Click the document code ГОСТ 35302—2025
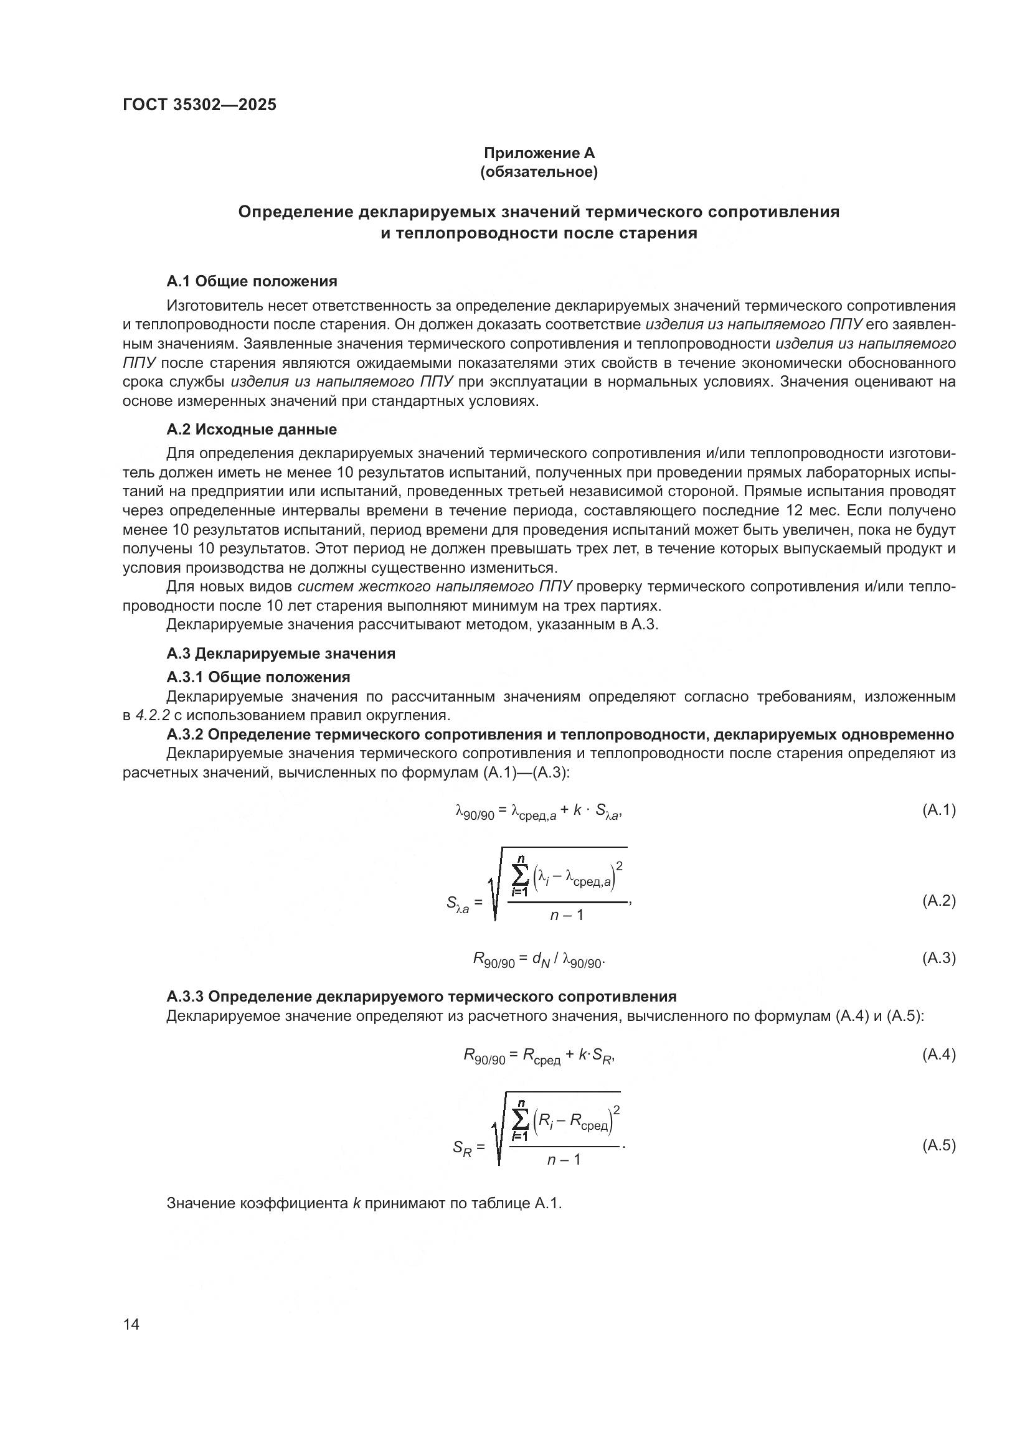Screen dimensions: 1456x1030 point(200,105)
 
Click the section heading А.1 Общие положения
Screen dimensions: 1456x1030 point(252,281)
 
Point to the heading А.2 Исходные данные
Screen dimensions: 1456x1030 point(252,430)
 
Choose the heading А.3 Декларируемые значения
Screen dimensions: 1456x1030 point(281,653)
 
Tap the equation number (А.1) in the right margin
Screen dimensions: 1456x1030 point(938,810)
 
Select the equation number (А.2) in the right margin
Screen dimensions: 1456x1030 point(938,901)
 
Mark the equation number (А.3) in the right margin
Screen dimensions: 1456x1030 point(938,957)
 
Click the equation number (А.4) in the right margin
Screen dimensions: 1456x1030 point(938,1054)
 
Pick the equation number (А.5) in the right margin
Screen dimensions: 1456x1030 point(938,1145)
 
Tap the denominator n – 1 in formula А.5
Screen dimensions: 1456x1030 point(564,1160)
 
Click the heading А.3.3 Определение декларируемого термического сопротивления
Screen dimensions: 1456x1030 point(421,996)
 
